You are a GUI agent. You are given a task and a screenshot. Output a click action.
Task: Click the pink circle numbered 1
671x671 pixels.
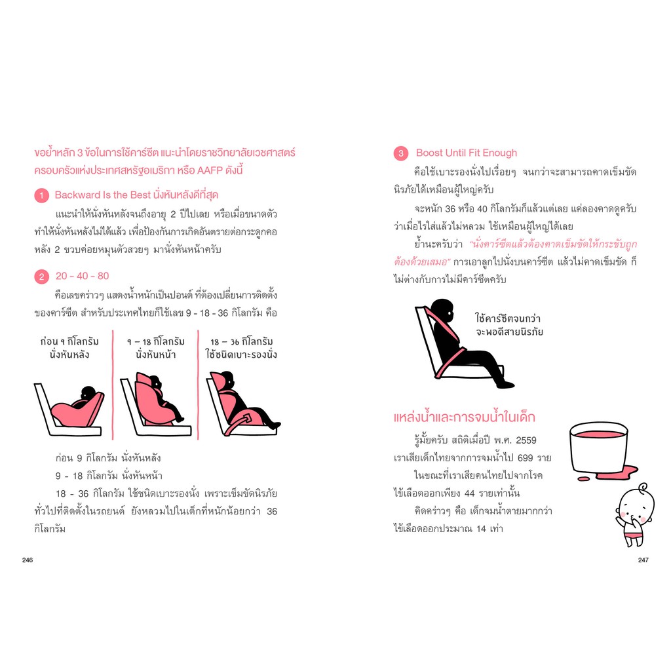click(41, 195)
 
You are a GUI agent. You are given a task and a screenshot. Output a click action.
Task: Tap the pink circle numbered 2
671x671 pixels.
click(41, 277)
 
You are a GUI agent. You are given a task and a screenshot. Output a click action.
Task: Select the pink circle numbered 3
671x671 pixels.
click(401, 153)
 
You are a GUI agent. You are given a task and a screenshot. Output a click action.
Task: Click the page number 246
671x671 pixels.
click(28, 560)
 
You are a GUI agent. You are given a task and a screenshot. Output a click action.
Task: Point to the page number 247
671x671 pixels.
click(643, 560)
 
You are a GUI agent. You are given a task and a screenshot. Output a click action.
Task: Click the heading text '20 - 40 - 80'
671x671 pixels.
click(82, 276)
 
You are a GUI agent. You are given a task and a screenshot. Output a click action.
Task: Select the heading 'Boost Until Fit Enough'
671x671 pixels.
click(467, 153)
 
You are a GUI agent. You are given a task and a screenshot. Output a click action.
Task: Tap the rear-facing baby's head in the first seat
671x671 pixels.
click(88, 393)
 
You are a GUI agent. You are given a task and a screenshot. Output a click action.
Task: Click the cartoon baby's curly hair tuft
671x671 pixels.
click(643, 487)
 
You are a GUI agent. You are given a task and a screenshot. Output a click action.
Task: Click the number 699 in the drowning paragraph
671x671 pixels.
click(525, 458)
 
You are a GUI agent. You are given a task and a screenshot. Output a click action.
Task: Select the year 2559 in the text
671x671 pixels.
click(526, 440)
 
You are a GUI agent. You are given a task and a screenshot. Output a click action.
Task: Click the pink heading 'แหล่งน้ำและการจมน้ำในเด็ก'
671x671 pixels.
click(465, 417)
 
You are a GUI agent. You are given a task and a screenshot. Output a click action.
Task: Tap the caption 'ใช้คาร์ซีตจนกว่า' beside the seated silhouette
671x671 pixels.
click(508, 318)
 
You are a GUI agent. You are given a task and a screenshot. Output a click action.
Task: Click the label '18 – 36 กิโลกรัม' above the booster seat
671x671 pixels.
click(241, 341)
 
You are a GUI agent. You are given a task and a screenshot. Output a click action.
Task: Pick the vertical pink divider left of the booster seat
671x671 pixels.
click(198, 385)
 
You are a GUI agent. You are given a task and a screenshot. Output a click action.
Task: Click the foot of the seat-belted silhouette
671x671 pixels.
click(505, 384)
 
